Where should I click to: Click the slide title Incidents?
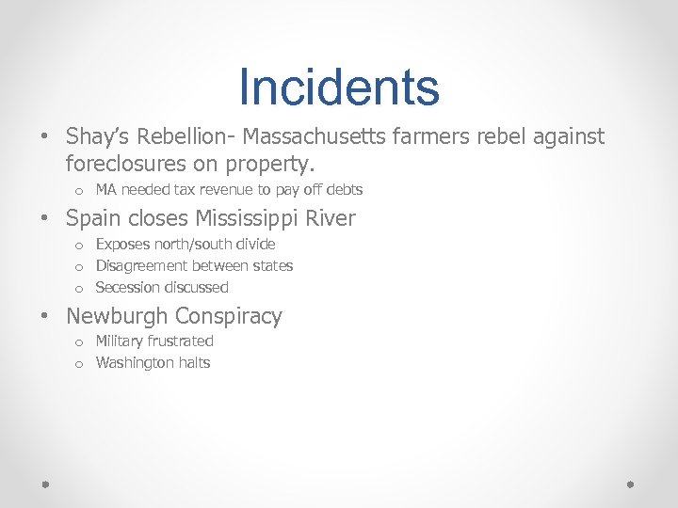[339, 87]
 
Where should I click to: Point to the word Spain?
[92, 218]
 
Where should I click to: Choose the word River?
[330, 218]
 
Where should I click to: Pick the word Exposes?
[121, 244]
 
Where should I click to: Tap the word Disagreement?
[140, 266]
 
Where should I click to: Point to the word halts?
[194, 363]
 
